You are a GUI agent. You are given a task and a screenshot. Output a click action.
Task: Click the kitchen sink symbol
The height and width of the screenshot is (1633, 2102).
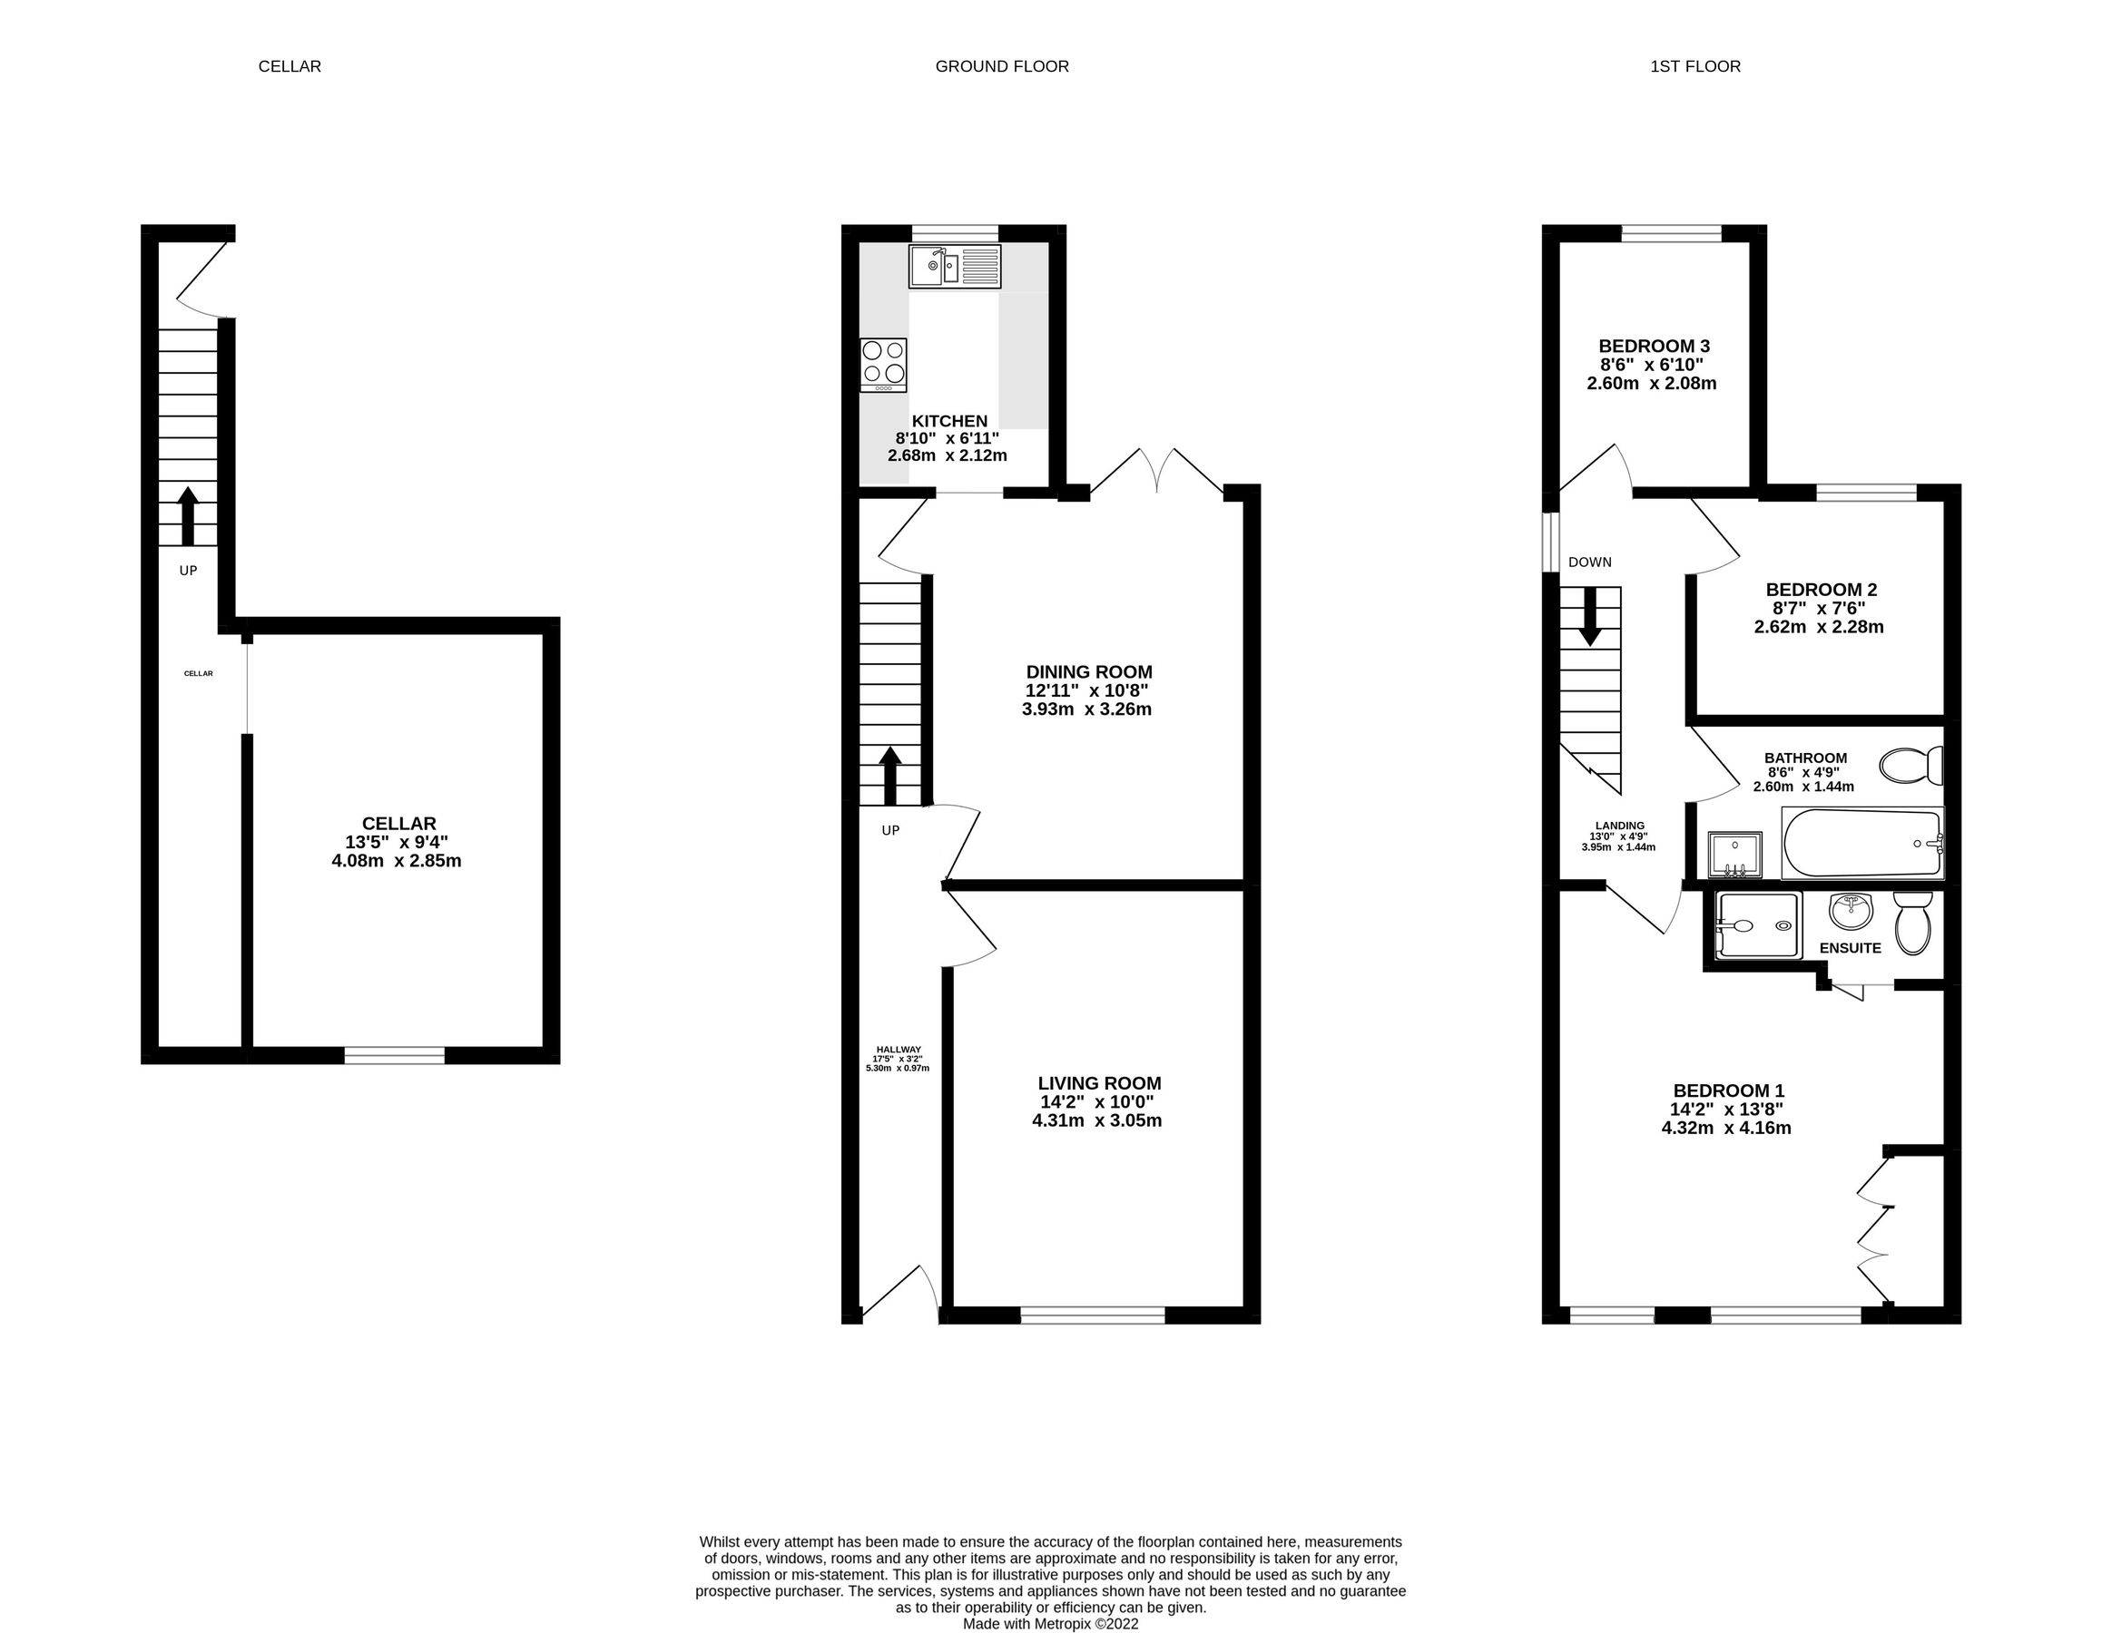click(x=955, y=266)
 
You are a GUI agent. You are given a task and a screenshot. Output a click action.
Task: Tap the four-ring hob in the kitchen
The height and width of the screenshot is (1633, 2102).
click(x=883, y=364)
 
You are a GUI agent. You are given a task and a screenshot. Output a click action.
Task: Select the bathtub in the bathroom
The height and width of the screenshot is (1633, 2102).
click(x=1861, y=843)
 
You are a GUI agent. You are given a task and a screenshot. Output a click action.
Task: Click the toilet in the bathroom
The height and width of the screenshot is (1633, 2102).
click(x=1910, y=766)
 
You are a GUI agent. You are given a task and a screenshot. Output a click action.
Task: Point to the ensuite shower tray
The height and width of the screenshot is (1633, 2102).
click(x=1757, y=924)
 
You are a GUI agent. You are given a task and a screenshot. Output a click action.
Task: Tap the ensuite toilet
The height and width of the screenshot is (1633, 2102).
click(x=1911, y=923)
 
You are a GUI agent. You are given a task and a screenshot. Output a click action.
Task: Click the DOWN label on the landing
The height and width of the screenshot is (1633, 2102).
click(x=1589, y=562)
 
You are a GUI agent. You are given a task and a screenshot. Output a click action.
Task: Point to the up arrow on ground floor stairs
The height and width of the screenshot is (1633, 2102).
click(x=890, y=776)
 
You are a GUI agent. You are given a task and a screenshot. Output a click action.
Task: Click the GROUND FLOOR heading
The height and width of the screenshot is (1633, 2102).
click(x=1002, y=66)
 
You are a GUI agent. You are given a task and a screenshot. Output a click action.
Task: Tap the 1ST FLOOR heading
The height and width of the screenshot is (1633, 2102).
click(x=1694, y=66)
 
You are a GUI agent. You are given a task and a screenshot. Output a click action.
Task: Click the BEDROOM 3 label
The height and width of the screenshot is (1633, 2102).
click(x=1654, y=346)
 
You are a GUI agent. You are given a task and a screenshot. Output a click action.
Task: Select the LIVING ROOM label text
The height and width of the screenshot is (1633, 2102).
click(x=1099, y=1082)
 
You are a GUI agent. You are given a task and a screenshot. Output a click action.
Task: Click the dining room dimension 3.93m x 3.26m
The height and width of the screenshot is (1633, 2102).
click(x=1086, y=709)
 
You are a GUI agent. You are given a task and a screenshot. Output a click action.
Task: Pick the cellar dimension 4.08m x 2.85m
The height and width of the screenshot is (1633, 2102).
click(x=397, y=860)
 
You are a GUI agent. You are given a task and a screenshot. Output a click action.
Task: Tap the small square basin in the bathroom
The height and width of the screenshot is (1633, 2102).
click(x=1734, y=856)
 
